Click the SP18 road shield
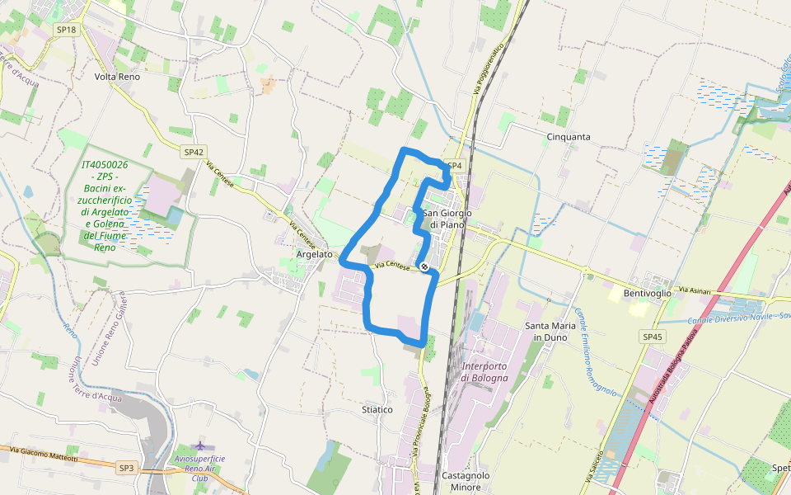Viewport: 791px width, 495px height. (66, 30)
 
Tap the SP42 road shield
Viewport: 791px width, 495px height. (194, 152)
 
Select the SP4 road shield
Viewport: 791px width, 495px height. (455, 165)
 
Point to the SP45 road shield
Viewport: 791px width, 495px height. (653, 337)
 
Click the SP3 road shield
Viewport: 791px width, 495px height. (126, 468)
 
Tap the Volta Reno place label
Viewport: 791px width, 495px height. (117, 77)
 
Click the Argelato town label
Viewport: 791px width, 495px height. (314, 255)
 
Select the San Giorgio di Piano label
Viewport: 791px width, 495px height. (445, 219)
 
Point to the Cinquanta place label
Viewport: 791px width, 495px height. (569, 136)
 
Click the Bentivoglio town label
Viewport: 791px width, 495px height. (648, 293)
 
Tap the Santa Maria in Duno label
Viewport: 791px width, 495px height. (548, 332)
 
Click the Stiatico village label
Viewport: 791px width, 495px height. (377, 409)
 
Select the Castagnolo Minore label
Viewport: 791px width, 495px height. (466, 481)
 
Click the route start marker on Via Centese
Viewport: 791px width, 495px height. (424, 266)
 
